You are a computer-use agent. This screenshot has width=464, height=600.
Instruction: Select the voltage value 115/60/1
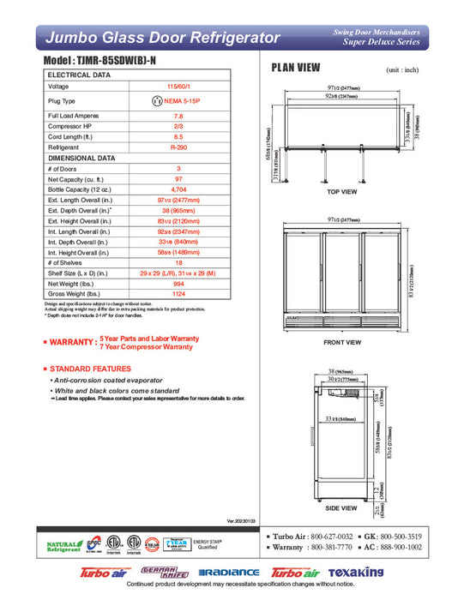point(178,87)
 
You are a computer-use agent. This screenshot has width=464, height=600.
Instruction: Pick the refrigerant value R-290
point(178,147)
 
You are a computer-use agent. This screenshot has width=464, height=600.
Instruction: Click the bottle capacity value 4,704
point(178,188)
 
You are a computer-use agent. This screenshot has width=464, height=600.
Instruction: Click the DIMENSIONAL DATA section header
point(81,158)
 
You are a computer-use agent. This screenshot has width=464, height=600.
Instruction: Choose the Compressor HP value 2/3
point(178,127)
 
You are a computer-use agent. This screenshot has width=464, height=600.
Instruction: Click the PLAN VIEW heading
point(296,69)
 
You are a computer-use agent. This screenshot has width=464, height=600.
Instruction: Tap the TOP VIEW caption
point(342,192)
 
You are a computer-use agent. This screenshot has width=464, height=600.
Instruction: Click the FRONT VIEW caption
point(342,342)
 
